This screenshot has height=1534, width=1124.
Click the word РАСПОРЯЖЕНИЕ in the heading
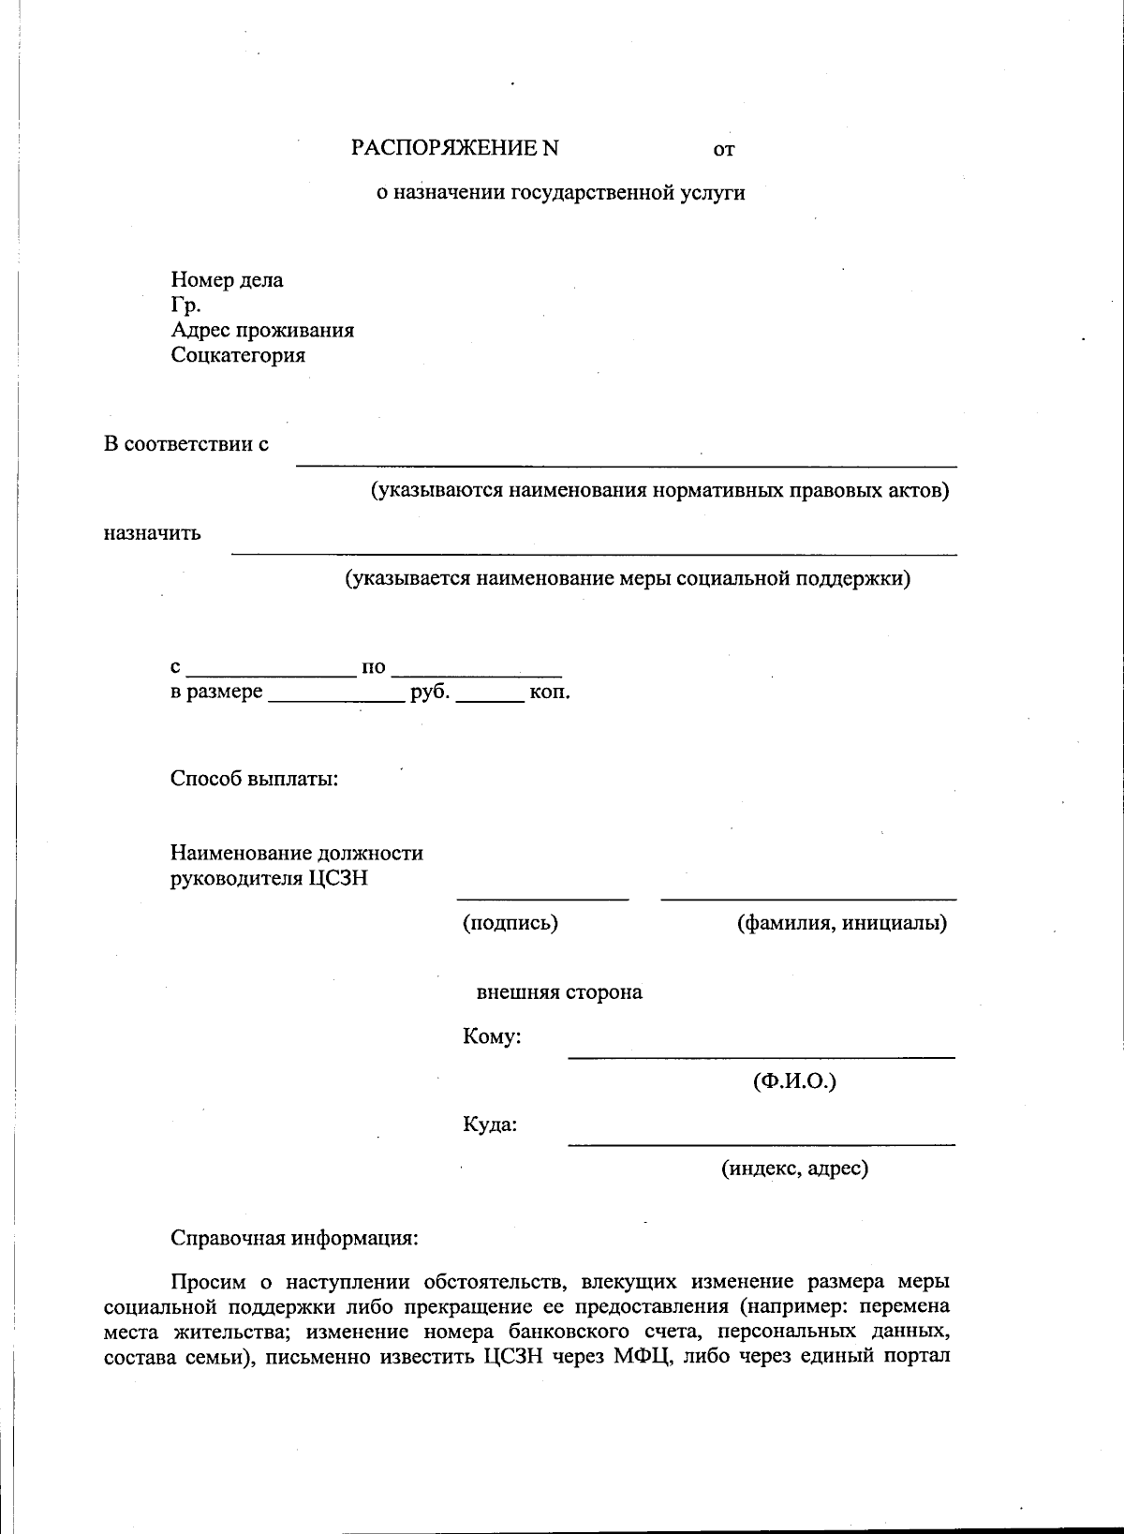coord(444,149)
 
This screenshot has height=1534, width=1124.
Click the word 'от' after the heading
coord(723,150)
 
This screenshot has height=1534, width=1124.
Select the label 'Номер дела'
coord(227,280)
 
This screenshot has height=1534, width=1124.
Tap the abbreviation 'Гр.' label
coord(185,305)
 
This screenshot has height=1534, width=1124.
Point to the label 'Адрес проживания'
coord(262,331)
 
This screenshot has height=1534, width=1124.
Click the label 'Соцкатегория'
coord(238,356)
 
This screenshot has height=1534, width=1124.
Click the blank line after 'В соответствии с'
coord(626,463)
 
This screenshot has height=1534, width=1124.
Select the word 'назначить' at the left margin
coord(152,534)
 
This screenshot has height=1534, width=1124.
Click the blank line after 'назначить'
coord(594,553)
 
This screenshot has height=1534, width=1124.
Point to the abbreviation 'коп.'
coord(550,693)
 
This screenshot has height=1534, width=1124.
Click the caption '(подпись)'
coord(510,923)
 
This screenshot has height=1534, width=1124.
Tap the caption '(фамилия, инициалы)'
coord(842,923)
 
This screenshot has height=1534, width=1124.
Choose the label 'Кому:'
coord(492,1037)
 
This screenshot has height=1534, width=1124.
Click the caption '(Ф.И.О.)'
coord(794,1081)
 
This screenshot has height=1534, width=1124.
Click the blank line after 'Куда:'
coord(761,1142)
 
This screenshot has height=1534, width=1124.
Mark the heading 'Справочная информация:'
coord(294,1238)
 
